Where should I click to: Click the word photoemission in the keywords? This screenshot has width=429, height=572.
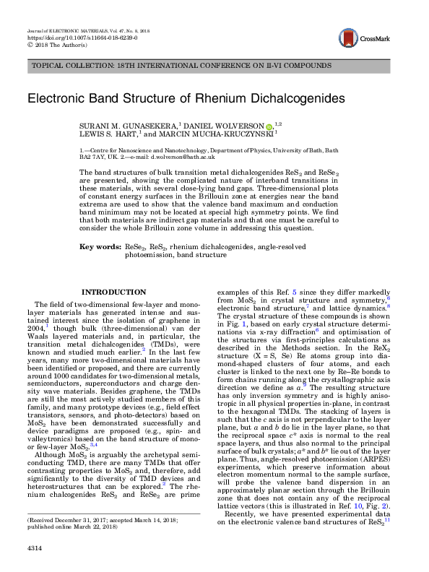pyautogui.click(x=147, y=255)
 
